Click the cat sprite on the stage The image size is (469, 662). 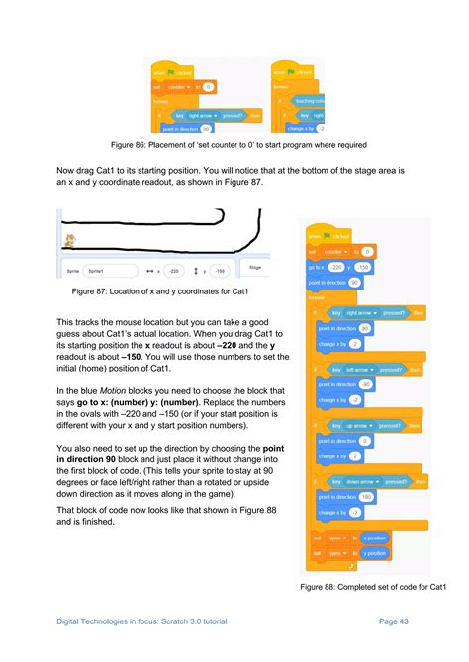coord(69,240)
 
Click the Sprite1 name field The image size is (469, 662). coord(108,270)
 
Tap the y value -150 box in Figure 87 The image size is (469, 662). coord(221,270)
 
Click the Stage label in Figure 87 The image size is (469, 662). coord(254,267)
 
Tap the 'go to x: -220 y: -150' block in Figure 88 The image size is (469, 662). coord(342,267)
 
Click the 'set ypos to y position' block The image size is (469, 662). coord(346,554)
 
